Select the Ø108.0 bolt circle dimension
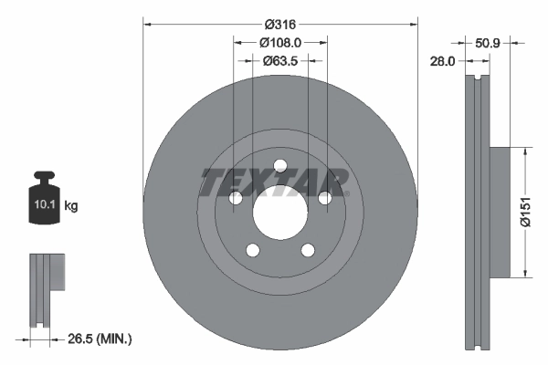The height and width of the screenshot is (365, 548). click(x=280, y=42)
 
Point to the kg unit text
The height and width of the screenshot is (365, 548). click(x=71, y=206)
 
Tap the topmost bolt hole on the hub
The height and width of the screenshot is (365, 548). click(x=280, y=166)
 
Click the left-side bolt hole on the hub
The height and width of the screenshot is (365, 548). click(x=235, y=199)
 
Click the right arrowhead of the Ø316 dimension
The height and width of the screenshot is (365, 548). click(x=413, y=23)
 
